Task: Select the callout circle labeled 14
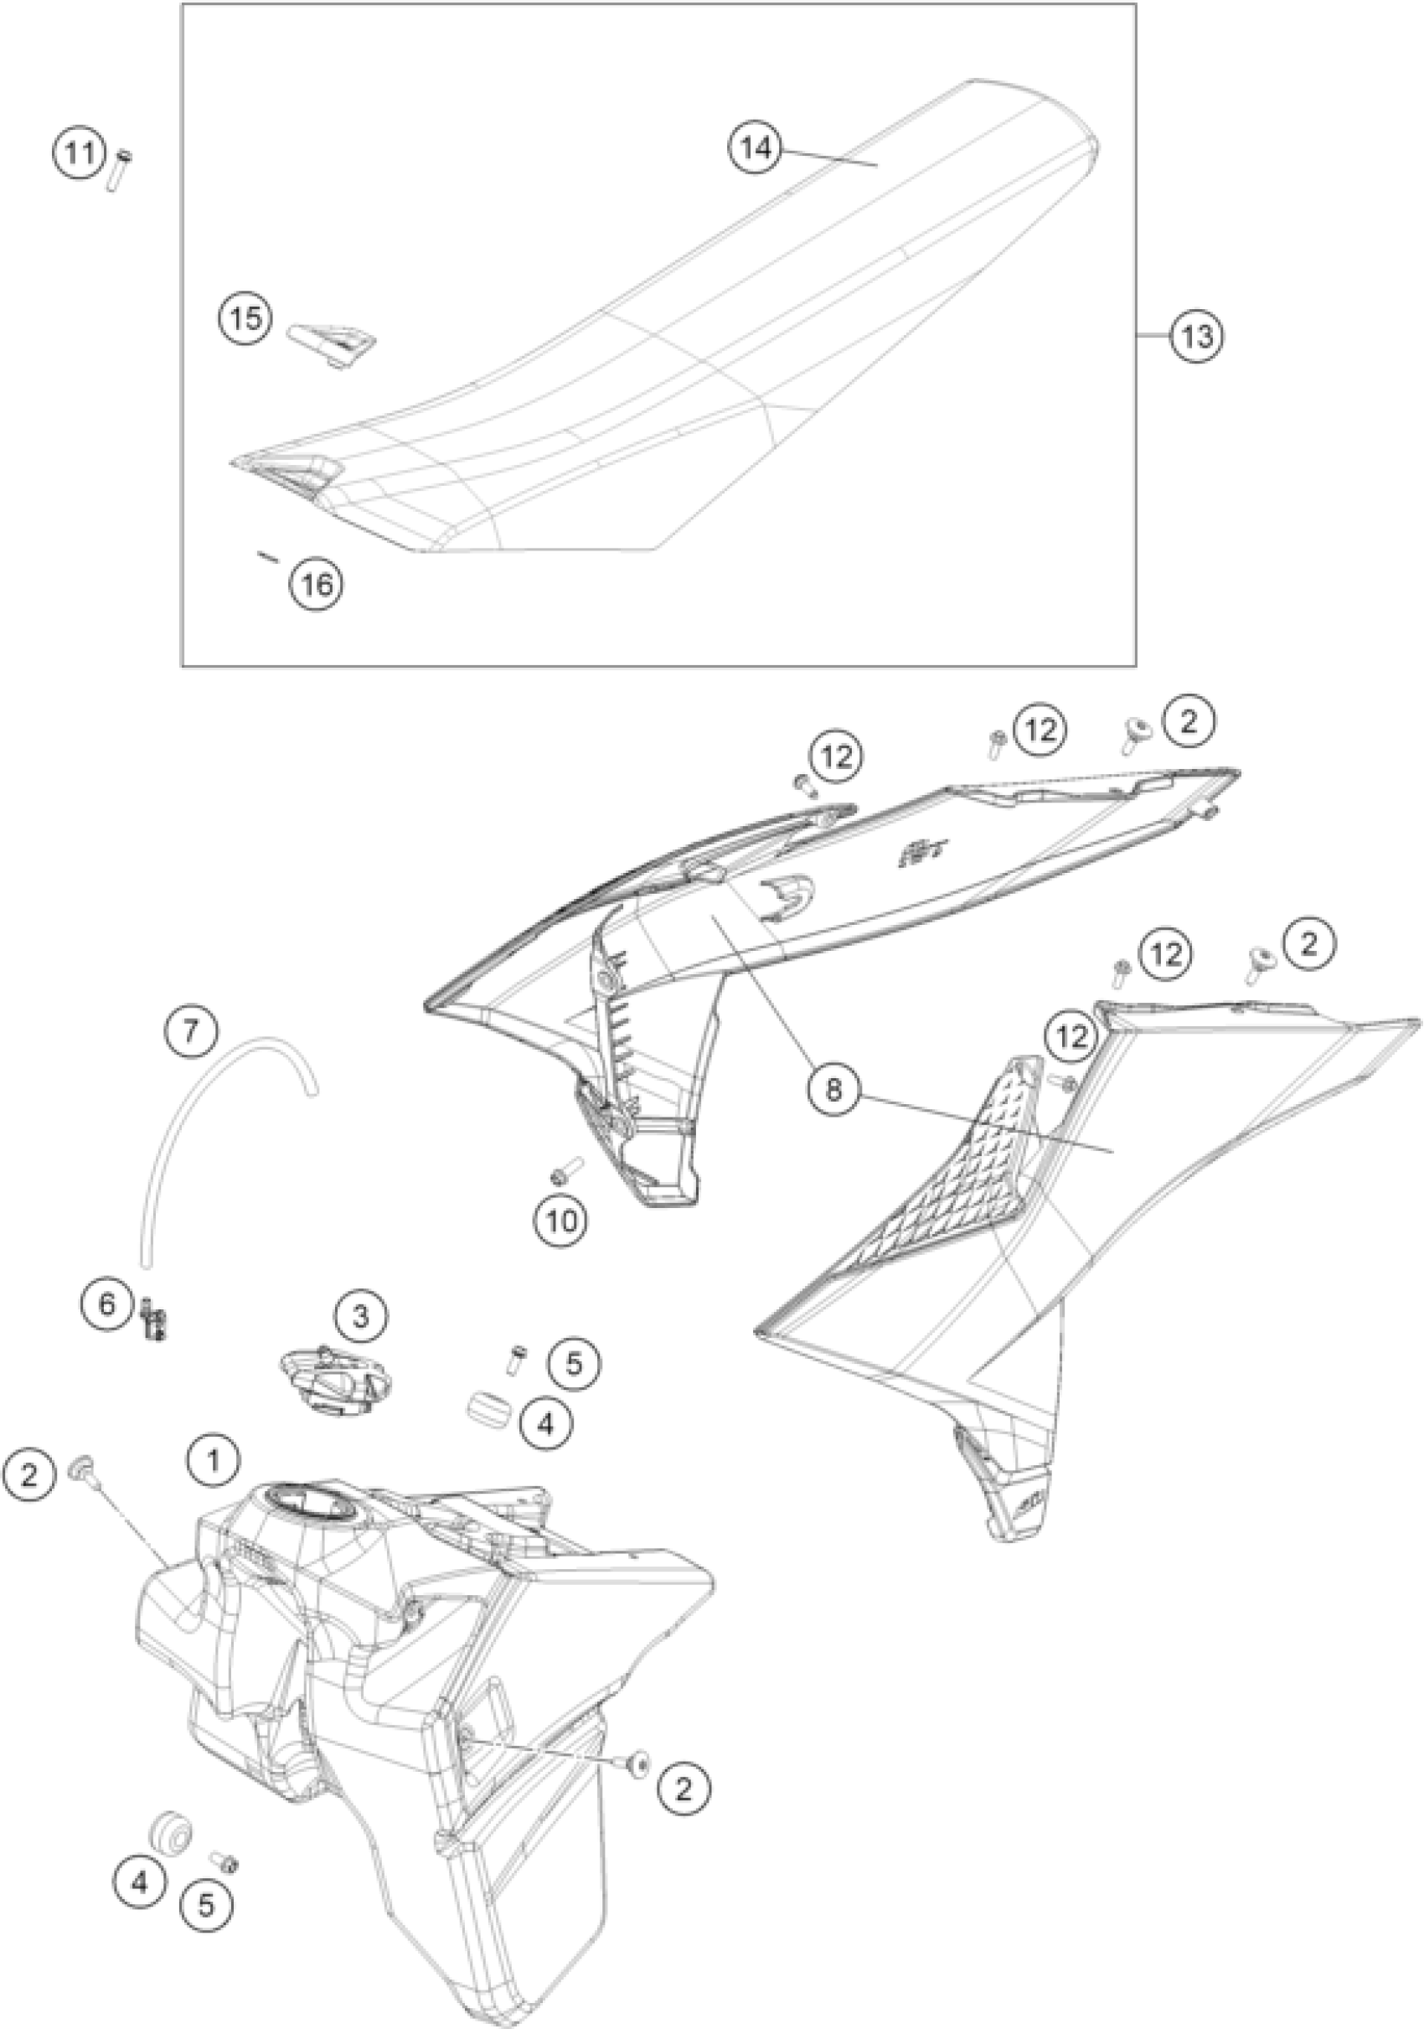[756, 148]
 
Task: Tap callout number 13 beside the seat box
[1197, 337]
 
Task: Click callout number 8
[833, 1091]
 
